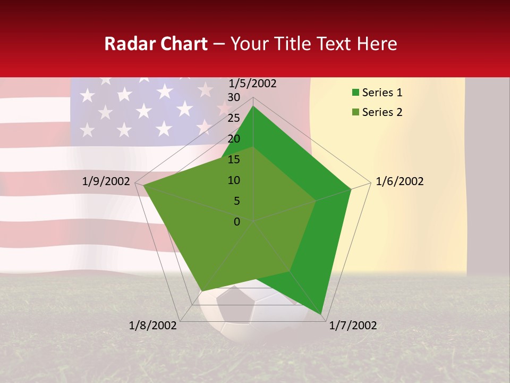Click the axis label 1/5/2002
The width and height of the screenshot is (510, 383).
[252, 83]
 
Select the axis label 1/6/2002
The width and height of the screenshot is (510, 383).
[399, 181]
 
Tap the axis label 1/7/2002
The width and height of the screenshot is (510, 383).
[353, 326]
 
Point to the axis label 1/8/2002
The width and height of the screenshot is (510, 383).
[153, 326]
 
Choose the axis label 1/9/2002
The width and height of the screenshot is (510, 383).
[106, 181]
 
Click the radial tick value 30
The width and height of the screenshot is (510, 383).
[234, 97]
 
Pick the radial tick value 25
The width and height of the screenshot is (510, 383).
[234, 118]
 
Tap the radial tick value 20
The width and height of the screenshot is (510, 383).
[234, 139]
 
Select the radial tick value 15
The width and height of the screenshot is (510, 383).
[234, 160]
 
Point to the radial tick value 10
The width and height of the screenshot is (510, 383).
[234, 180]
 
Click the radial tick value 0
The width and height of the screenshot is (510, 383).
[237, 222]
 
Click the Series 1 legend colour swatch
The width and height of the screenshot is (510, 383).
[355, 93]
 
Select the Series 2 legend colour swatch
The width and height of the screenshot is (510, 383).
[355, 112]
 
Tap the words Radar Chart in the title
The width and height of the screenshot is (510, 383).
[156, 44]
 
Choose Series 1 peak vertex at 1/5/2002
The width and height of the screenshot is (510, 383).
[253, 106]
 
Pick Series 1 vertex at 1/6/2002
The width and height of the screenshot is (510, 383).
[351, 189]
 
